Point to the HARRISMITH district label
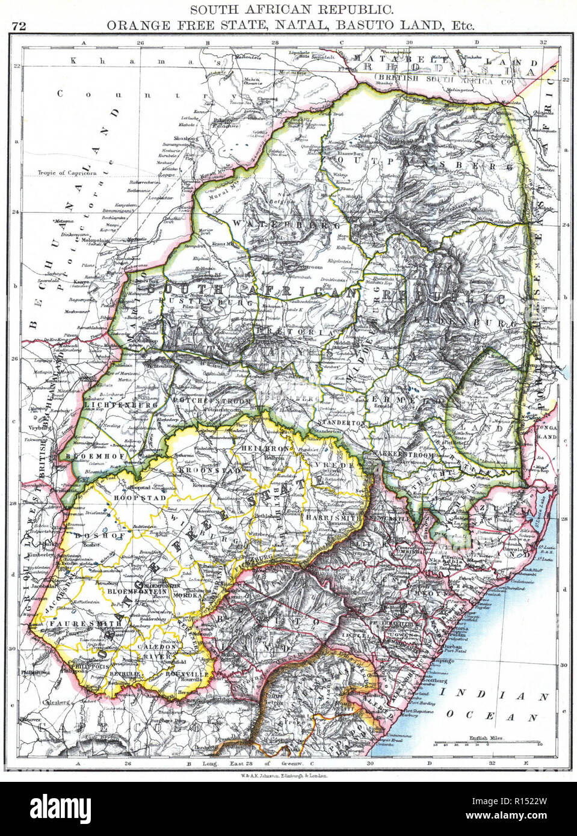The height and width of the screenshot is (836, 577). pos(331,517)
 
